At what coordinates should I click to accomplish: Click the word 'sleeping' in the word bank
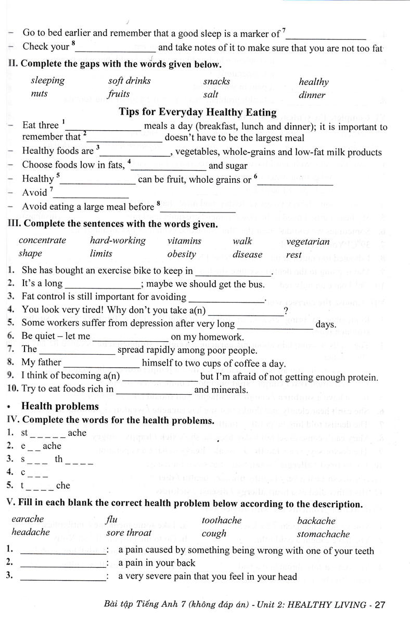point(47,80)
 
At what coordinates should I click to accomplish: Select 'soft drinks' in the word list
point(129,81)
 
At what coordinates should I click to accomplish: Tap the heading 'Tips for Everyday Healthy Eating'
point(198,112)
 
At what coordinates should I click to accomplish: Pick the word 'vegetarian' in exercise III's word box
point(307,241)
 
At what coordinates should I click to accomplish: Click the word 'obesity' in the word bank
point(182,254)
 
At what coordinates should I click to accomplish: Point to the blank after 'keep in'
point(233,271)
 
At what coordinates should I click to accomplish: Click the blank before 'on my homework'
point(130,337)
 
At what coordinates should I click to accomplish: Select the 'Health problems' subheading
point(60,406)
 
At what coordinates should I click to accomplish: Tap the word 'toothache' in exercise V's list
point(222,520)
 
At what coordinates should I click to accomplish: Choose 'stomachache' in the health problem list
point(323,534)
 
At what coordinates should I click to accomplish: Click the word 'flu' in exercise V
point(111,520)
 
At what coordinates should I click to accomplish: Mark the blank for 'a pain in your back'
point(62,563)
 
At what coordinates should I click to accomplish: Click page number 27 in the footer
point(379,605)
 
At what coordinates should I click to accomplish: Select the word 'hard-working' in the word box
point(118,241)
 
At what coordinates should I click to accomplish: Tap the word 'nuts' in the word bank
point(39,94)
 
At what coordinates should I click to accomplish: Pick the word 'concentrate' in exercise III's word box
point(42,241)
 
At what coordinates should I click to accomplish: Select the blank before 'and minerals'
point(153,390)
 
